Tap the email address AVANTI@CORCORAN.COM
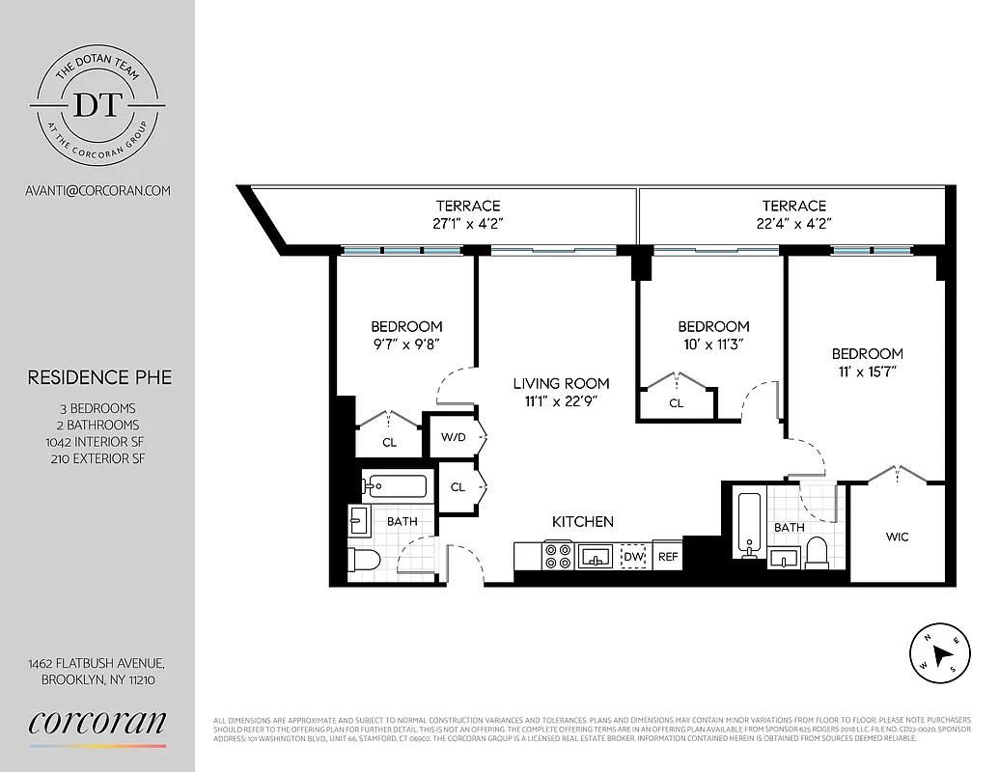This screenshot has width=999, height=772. click(97, 190)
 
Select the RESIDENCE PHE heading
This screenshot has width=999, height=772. click(99, 377)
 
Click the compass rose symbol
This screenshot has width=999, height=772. click(939, 650)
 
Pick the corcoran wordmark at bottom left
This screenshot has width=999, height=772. click(97, 723)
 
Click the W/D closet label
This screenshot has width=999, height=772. click(454, 437)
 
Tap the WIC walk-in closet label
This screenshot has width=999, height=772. click(897, 537)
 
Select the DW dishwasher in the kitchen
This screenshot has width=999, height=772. click(633, 557)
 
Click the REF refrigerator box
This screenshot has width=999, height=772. click(668, 557)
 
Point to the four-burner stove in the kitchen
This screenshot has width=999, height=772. click(557, 556)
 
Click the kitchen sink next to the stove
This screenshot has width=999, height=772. click(596, 556)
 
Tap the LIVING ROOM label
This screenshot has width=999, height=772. click(561, 383)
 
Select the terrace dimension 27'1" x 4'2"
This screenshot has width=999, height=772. click(468, 223)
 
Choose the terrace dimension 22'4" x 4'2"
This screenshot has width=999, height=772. click(794, 223)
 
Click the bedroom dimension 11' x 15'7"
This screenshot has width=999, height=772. click(867, 372)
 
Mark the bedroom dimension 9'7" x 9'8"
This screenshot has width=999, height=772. click(406, 345)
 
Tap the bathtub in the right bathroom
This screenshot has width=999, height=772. click(749, 522)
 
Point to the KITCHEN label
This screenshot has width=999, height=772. click(583, 522)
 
